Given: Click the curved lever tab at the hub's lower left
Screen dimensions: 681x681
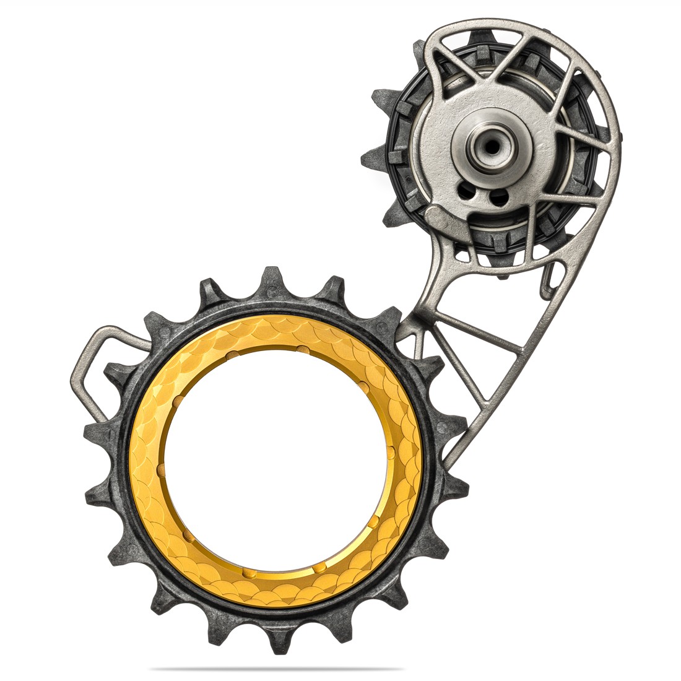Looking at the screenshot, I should pyautogui.click(x=442, y=218).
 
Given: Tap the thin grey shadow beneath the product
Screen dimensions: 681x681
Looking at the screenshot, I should pyautogui.click(x=275, y=669).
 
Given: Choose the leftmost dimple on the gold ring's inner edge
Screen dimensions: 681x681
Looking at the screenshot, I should pyautogui.click(x=162, y=471).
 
